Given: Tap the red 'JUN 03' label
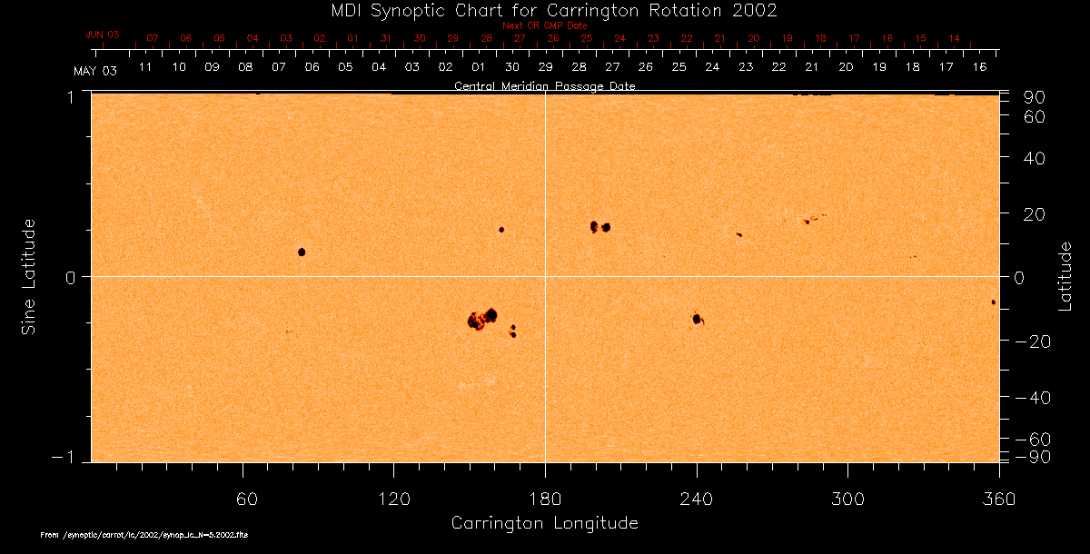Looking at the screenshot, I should pos(103,34).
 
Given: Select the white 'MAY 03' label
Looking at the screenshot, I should pos(95,70).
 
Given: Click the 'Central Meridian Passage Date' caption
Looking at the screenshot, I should pos(544,86).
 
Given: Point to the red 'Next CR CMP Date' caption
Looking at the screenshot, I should pos(544,25).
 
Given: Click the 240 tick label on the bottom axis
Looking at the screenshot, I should pos(697,499).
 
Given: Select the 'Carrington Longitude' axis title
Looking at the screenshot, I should pos(544,523).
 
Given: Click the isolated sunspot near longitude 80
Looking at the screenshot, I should pos(302,252).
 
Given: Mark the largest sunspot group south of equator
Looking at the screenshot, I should pos(482,318).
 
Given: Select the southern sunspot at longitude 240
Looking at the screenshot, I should pos(697,319).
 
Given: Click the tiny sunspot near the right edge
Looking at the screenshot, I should pos(993,302).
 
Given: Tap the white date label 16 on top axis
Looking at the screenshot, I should pos(979,67).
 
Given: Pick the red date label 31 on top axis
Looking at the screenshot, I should pos(386,38).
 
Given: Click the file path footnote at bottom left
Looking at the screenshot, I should pos(144,536).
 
